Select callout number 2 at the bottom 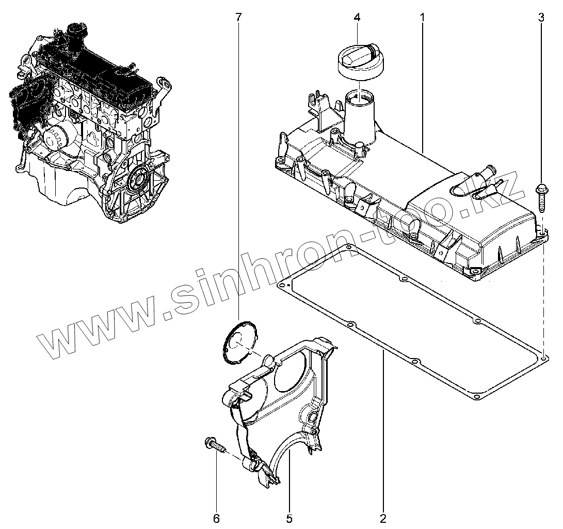tap(383, 518)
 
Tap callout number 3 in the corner tap(541, 17)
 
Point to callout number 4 tap(357, 17)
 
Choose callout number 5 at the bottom tap(289, 518)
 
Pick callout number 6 tap(216, 518)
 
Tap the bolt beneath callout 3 tap(541, 198)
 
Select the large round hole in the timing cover tap(292, 370)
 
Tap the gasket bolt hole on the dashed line tap(544, 359)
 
